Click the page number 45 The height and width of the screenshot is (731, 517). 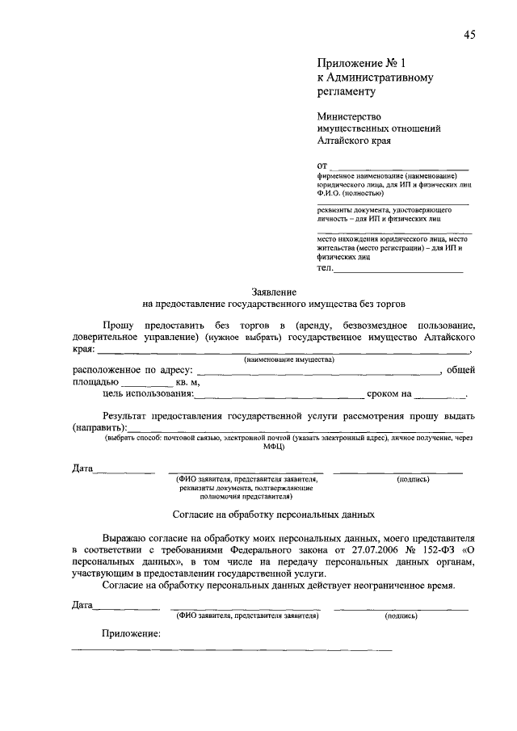click(x=469, y=34)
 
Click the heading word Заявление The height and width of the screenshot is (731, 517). click(x=275, y=291)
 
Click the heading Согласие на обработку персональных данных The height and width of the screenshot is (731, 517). click(x=274, y=513)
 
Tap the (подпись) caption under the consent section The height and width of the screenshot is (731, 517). click(x=401, y=615)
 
